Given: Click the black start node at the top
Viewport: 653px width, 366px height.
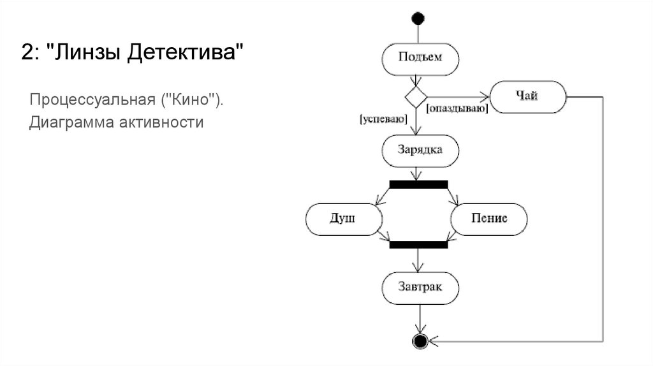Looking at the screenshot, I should (x=418, y=18).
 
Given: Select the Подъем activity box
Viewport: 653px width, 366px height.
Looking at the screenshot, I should (x=420, y=58).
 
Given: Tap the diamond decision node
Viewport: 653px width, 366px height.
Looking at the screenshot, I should (x=416, y=97).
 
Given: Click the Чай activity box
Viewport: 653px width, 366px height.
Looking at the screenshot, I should (x=527, y=97).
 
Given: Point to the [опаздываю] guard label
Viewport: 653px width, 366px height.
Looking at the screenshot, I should (x=457, y=109).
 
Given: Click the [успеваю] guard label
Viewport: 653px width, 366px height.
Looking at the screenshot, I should (x=383, y=118).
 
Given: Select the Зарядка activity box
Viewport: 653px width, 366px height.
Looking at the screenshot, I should (x=420, y=150).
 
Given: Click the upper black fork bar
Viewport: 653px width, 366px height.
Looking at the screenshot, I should (x=418, y=185).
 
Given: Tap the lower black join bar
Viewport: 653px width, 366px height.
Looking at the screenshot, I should (x=418, y=244).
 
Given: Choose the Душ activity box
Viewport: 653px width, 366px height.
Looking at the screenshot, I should (x=344, y=219).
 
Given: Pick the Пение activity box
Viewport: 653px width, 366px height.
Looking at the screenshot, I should (x=489, y=219).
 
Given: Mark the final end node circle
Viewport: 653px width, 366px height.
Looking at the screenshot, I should (x=419, y=341).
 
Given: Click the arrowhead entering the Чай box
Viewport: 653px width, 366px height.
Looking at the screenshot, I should (x=487, y=97).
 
